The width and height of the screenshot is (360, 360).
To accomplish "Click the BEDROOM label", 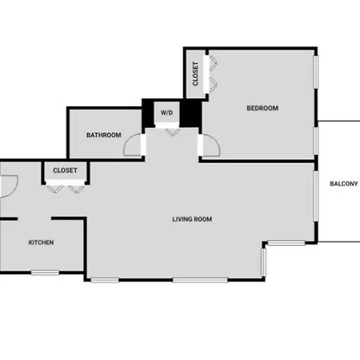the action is tap(262, 108).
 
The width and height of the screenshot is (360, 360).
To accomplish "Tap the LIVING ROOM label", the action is tap(192, 219).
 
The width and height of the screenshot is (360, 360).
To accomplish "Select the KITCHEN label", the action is tap(41, 242).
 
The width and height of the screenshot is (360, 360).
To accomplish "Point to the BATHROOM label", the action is tap(103, 135).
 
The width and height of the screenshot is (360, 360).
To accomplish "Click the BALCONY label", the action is tap(344, 183).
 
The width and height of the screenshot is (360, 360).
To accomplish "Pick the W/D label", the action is tap(166, 113).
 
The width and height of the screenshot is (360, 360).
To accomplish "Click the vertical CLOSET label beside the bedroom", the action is tap(195, 74).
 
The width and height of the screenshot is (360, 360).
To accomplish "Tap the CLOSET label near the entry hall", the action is tap(65, 170).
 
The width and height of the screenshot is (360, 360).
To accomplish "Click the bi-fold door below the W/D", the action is tap(172, 133).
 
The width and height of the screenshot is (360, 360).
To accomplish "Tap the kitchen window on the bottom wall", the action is tap(45, 273).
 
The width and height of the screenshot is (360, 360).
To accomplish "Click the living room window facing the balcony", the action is tap(316, 196).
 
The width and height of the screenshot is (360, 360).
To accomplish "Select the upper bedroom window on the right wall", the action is tap(316, 72).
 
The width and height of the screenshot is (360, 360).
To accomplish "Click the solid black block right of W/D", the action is tap(190, 113).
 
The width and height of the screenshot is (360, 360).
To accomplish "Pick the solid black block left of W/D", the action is tap(148, 113).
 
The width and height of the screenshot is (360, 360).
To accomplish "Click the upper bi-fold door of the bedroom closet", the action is tap(214, 63).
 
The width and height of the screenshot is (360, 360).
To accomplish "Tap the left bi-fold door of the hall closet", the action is tap(55, 189).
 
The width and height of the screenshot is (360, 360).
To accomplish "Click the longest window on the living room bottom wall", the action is tap(200, 280).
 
